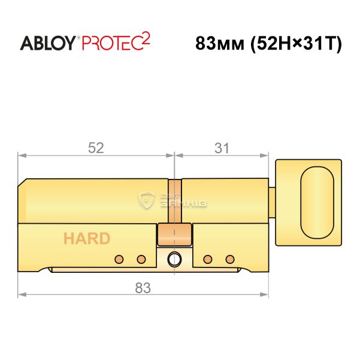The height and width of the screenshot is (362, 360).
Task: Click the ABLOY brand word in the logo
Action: tap(47, 43)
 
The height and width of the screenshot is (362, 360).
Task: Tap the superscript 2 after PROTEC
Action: tap(145, 38)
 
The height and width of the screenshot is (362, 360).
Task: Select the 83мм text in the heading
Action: tap(219, 44)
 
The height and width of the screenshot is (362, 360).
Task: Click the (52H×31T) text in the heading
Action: tap(296, 44)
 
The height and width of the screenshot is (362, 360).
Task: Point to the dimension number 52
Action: tap(96, 148)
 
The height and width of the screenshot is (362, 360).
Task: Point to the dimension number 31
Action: tap(222, 148)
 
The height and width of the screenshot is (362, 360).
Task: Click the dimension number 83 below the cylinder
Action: tap(143, 288)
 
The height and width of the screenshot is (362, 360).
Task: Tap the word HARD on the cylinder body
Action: tap(87, 239)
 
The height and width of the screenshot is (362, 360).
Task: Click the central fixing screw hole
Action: tap(174, 259)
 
